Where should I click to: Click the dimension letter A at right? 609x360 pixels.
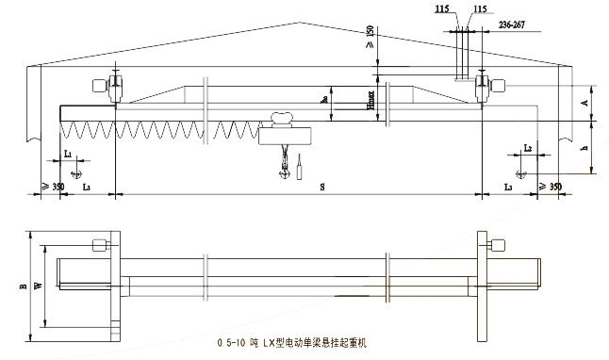(x=586, y=100)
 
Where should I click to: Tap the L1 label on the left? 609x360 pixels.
(x=68, y=151)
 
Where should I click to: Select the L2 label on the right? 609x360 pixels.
(x=528, y=149)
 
